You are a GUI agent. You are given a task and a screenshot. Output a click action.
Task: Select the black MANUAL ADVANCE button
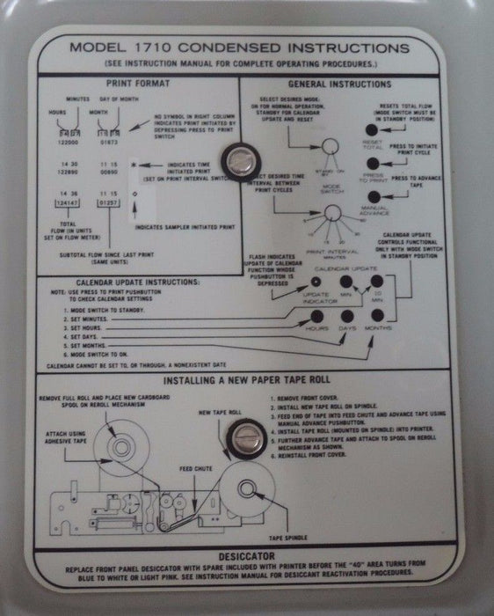pos(374,197)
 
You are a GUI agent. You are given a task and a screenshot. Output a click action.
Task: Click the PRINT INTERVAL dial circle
pos(331,214)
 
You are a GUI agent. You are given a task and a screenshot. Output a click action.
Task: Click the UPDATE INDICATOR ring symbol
pos(317,282)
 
